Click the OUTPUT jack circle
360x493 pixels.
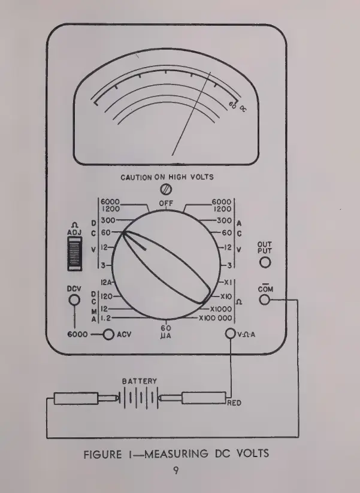coord(264,262)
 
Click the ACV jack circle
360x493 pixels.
coord(108,335)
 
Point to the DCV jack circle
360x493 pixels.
coord(74,300)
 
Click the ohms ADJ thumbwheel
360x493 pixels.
coord(75,254)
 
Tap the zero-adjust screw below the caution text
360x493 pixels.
coord(167,189)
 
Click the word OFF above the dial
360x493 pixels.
coord(166,204)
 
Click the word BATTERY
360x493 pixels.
coord(140,381)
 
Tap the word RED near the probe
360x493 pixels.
coord(234,403)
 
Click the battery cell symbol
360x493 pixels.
coord(141,398)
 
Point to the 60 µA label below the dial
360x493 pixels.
coord(166,331)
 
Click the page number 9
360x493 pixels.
coord(176,471)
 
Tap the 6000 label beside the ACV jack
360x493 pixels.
coord(81,335)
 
